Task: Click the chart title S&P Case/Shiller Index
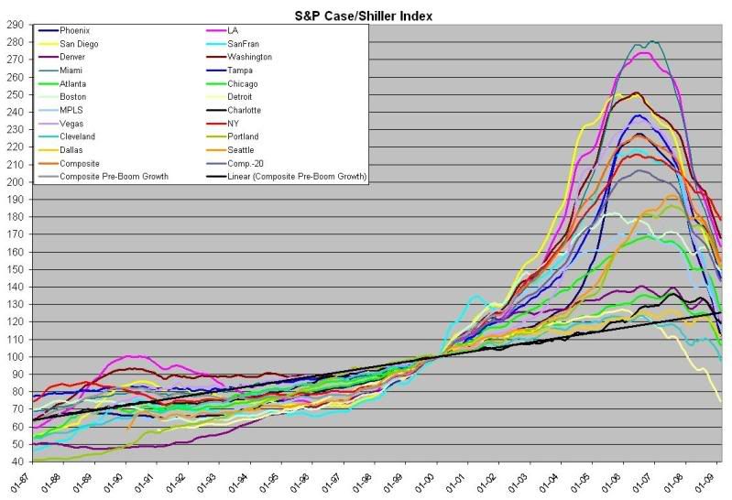coord(366,15)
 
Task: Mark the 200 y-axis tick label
coord(16,181)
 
